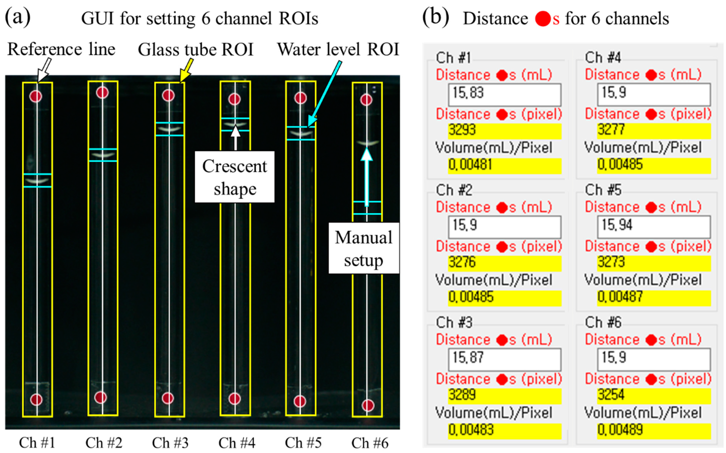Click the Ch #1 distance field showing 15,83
tap(504, 94)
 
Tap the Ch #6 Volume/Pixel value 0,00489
tap(654, 430)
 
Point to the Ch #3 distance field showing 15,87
tap(504, 359)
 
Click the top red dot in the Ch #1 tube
tap(36, 96)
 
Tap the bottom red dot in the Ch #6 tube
tap(368, 405)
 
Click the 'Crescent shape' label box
tap(235, 177)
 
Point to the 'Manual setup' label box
tap(364, 248)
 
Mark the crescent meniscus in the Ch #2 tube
tap(103, 155)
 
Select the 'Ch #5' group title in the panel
tap(603, 190)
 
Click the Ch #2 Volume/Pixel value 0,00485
tap(504, 297)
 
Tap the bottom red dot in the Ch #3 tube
tap(168, 398)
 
